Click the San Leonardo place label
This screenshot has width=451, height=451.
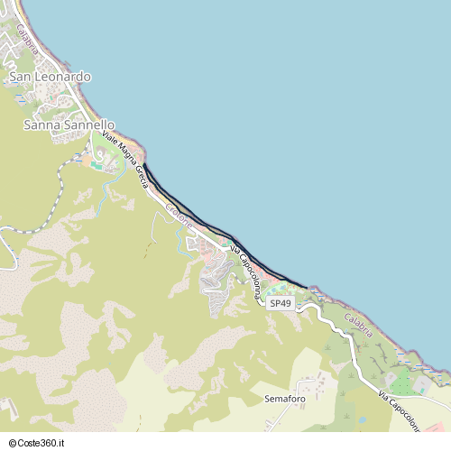click(50, 78)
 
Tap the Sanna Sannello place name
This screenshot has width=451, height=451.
click(69, 124)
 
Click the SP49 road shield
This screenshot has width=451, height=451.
click(281, 304)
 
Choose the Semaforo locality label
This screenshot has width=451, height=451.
click(285, 398)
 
